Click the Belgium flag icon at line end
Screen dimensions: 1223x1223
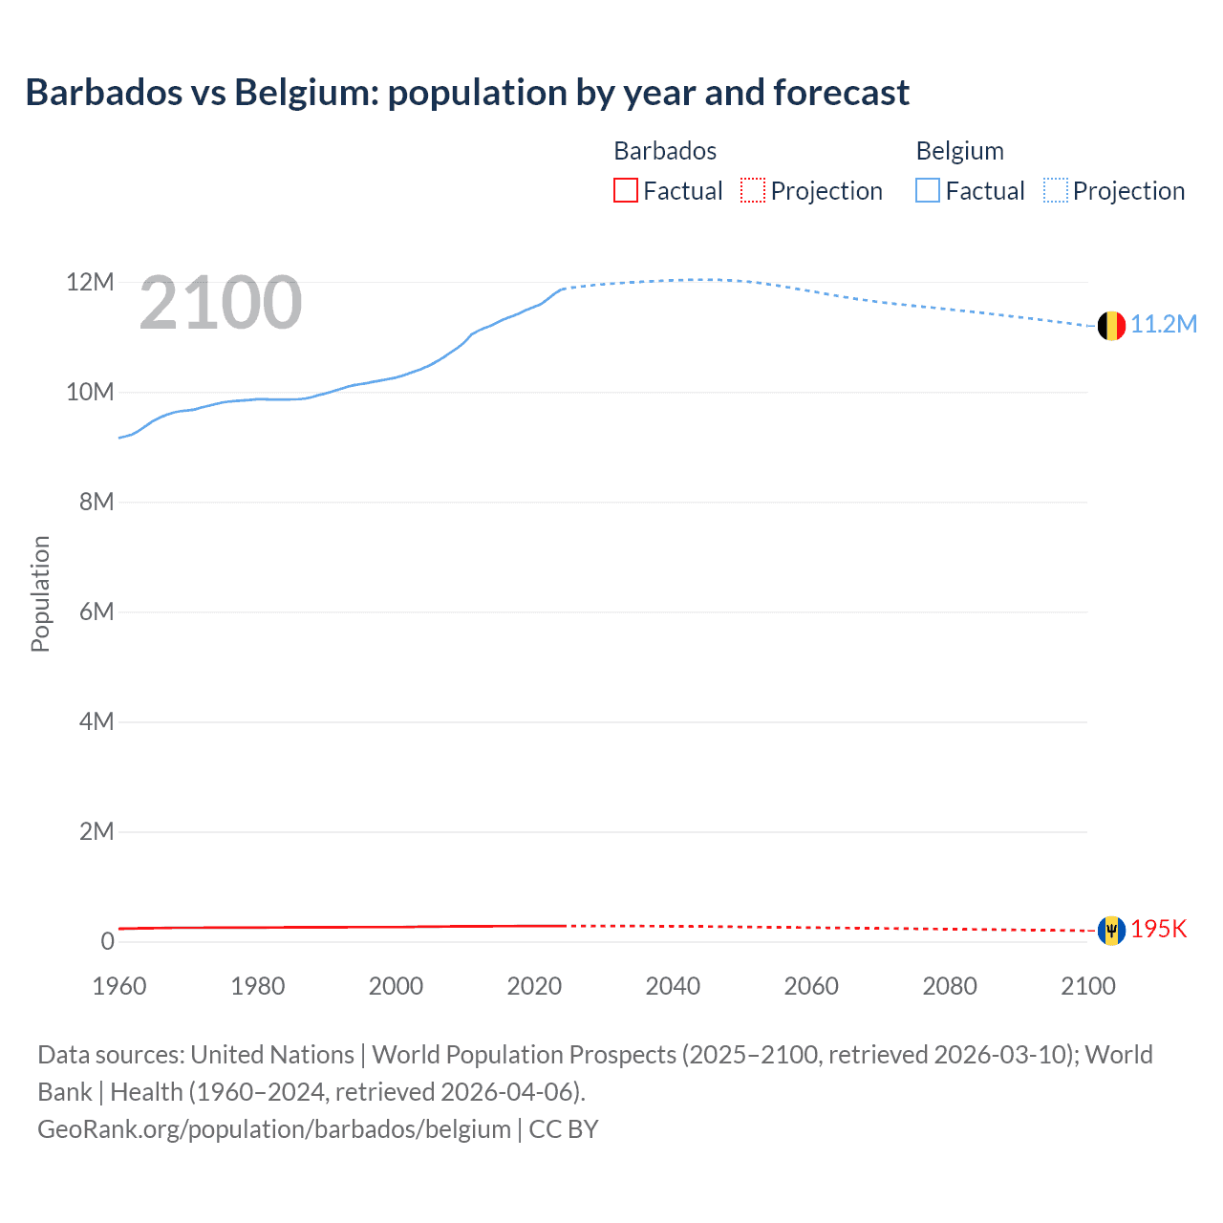[x=1110, y=326]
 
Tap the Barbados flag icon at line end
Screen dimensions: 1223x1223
[x=1110, y=930]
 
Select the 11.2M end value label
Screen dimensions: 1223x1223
[x=1164, y=325]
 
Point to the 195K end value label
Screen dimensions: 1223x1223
[x=1158, y=930]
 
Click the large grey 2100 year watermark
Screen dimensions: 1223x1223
[x=221, y=303]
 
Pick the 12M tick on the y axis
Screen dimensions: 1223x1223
[x=90, y=283]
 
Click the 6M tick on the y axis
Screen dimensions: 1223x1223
[x=97, y=611]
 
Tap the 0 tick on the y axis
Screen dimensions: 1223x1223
[x=107, y=941]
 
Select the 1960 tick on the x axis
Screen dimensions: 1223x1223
[x=119, y=986]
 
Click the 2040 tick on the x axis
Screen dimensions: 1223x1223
[x=673, y=986]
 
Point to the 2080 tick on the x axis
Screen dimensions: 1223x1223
[x=950, y=986]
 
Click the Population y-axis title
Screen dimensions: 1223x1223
[x=40, y=593]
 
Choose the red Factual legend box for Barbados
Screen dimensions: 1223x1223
[x=626, y=191]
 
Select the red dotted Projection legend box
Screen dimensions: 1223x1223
[x=753, y=191]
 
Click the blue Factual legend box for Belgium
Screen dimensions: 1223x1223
[x=928, y=191]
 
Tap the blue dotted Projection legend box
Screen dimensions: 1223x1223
[x=1056, y=191]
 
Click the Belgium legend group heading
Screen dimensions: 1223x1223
[x=959, y=151]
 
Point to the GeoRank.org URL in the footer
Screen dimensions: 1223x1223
[x=274, y=1129]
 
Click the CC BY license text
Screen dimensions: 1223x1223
[x=564, y=1129]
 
